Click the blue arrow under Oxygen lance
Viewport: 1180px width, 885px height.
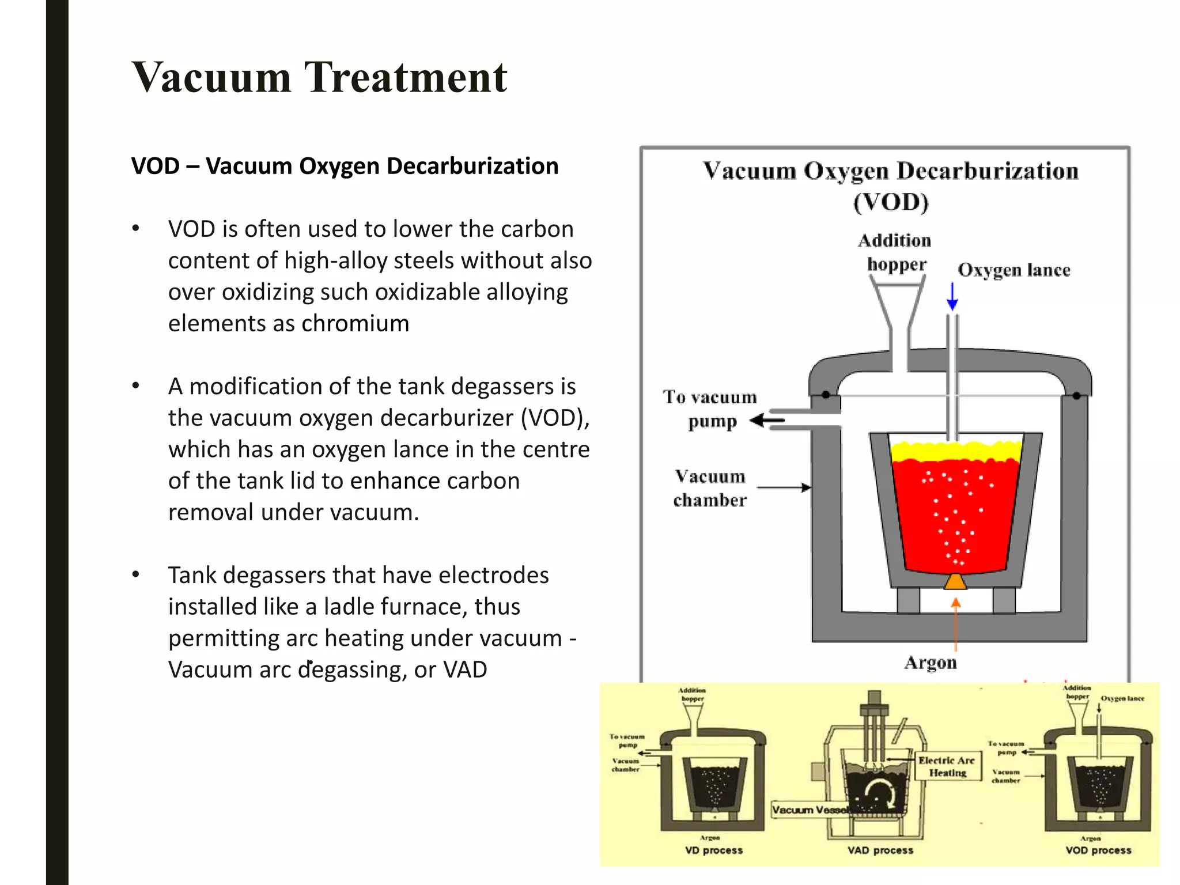[952, 296]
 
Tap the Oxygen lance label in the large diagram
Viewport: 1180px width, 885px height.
[1013, 270]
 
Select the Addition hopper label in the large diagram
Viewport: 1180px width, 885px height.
[895, 252]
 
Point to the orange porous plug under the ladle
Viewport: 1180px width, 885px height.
[955, 582]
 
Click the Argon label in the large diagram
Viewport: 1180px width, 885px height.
[930, 663]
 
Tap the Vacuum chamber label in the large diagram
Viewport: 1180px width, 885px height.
[710, 488]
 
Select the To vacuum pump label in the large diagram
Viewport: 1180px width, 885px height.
[710, 409]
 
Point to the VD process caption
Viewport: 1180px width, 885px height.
[713, 850]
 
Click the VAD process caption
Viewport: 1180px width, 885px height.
[880, 850]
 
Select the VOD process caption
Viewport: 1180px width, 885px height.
[1098, 850]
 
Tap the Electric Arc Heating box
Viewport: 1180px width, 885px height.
[947, 766]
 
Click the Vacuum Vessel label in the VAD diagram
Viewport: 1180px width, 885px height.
[809, 810]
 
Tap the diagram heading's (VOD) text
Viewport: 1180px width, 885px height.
[891, 202]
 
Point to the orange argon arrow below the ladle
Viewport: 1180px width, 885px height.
[955, 622]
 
